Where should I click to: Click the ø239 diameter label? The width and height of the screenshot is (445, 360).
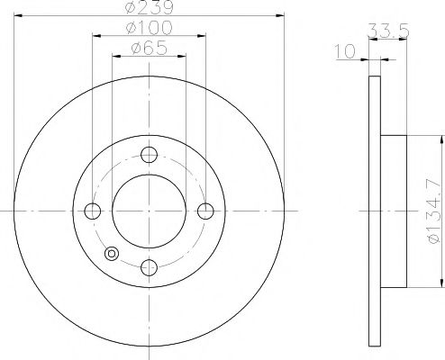click(x=149, y=6)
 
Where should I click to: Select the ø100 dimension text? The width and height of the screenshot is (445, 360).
click(x=149, y=28)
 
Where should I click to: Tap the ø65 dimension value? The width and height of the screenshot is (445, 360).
click(x=149, y=48)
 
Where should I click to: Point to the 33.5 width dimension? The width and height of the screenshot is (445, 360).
click(x=388, y=31)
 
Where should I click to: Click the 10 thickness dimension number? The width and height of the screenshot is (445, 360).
click(x=345, y=51)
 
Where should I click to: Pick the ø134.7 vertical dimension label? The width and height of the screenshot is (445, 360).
click(x=433, y=211)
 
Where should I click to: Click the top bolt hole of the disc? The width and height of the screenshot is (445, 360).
click(x=149, y=155)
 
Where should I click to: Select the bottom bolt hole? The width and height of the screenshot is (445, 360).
click(x=149, y=267)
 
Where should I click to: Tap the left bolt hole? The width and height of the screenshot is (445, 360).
click(x=93, y=211)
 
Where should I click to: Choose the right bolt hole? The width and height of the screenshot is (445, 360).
click(x=205, y=211)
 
